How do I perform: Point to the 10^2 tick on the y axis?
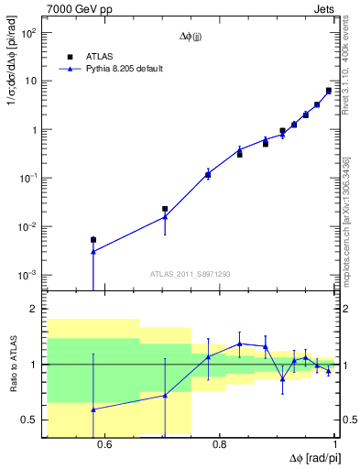28,33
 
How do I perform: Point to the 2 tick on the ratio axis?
36,310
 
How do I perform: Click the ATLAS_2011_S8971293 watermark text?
190,274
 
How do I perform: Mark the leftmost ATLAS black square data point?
93,240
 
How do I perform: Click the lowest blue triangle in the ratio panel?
93,409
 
